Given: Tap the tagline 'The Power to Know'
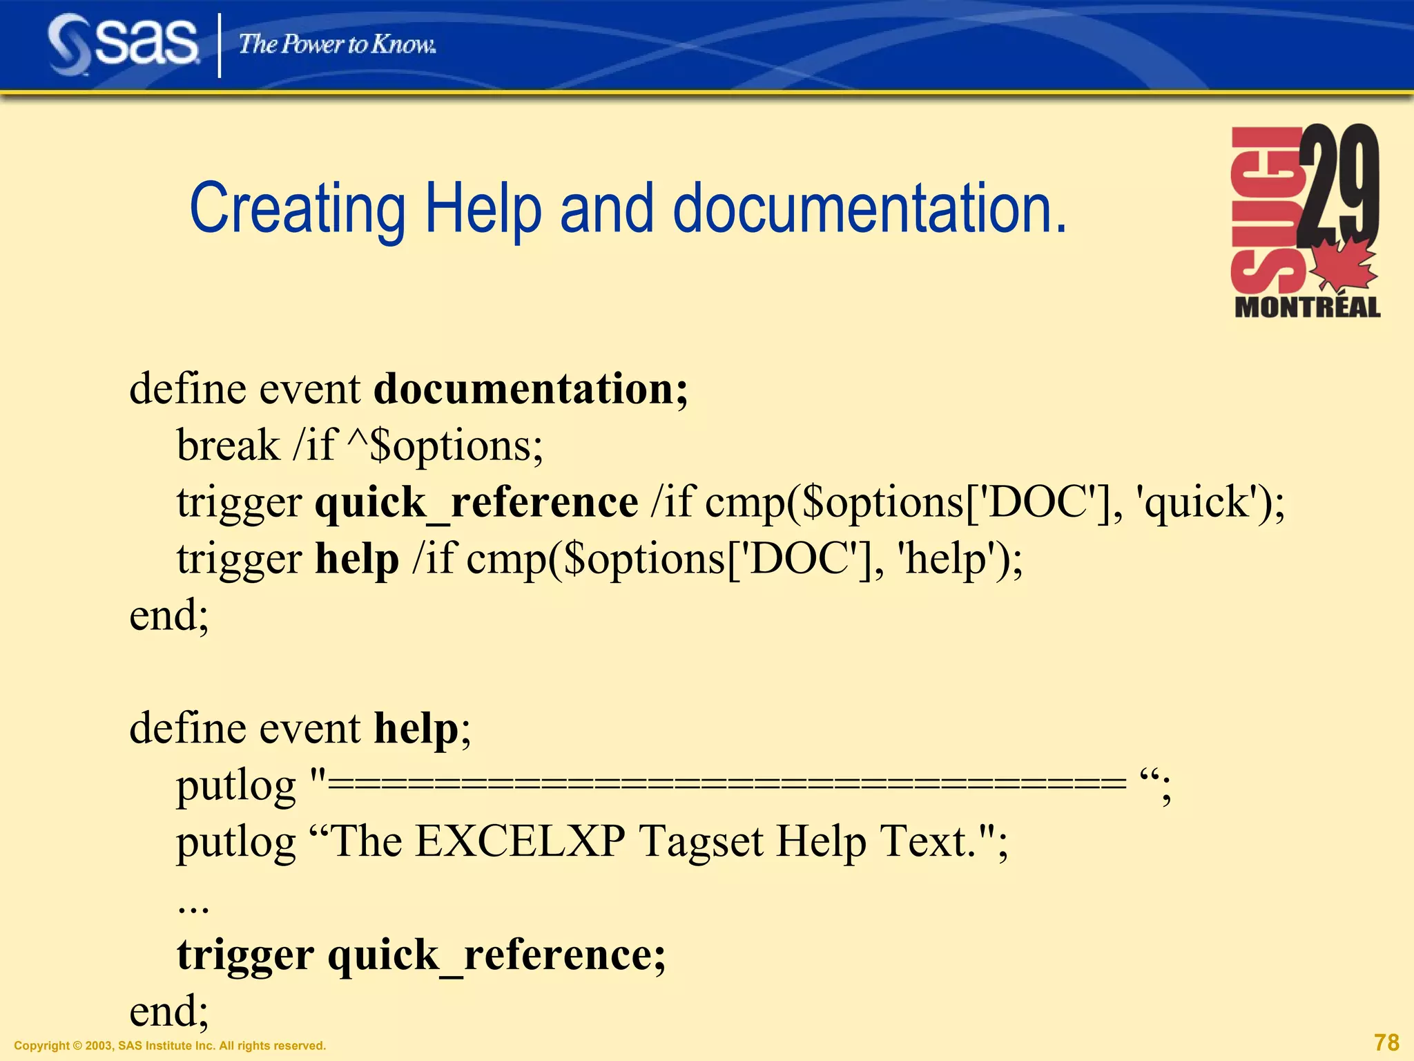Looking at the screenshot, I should coord(337,45).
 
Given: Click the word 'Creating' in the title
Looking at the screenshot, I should coord(298,208).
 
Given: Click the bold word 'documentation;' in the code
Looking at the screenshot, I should coord(530,389).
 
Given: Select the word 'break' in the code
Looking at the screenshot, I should coord(228,446).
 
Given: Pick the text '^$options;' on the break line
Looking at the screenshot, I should coord(445,446).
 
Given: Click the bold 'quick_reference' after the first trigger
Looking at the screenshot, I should coord(476,502).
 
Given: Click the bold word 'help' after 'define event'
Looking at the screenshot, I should coord(416,729).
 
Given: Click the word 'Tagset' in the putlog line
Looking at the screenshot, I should coord(701,842).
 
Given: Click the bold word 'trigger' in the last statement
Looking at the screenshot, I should coord(245,955).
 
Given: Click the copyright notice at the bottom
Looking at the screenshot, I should coord(170,1046).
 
